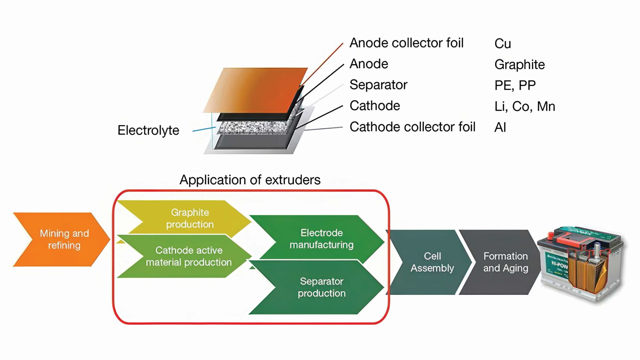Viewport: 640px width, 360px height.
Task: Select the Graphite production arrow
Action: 190,218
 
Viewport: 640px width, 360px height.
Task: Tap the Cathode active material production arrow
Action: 189,256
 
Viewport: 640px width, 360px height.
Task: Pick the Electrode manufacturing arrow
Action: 321,238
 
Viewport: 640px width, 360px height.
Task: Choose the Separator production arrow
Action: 321,287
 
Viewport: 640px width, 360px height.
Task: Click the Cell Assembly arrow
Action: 432,262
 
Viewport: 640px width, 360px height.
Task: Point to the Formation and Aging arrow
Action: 505,262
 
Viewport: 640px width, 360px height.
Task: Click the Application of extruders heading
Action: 250,180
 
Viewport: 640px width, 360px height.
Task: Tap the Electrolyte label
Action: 148,130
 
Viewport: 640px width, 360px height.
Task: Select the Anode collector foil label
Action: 406,43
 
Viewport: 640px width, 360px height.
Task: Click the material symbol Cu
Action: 502,44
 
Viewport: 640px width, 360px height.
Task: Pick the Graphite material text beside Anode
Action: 519,65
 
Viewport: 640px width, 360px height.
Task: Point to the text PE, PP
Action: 515,85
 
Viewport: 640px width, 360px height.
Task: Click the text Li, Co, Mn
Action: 525,107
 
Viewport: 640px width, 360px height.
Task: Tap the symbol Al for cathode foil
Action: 500,127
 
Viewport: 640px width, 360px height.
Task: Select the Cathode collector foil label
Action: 412,127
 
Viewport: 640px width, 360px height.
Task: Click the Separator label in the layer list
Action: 378,85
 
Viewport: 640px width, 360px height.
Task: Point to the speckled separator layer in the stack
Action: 253,127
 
